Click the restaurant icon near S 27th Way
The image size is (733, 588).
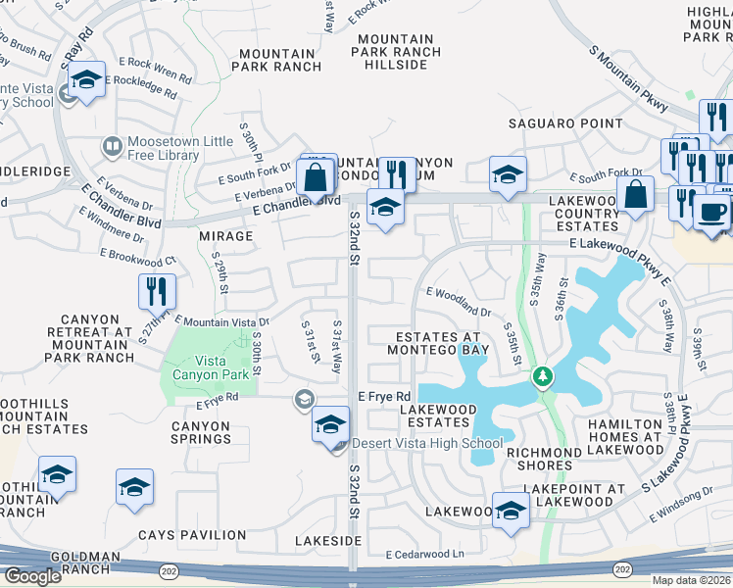tap(156, 290)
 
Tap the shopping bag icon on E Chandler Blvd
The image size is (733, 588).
tap(316, 178)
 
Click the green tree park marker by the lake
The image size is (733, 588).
tap(541, 376)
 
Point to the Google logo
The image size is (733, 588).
tap(32, 576)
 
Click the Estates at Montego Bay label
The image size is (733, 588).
tap(437, 342)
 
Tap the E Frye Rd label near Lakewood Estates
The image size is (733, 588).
tap(384, 396)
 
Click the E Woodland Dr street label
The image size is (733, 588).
tap(458, 302)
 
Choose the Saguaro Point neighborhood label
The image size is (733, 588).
tap(564, 123)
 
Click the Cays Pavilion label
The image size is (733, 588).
tap(192, 535)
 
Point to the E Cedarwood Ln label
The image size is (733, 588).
tap(423, 555)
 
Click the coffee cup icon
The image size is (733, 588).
tap(710, 211)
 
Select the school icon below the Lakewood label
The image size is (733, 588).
tap(511, 512)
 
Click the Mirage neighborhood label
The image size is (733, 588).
tap(226, 236)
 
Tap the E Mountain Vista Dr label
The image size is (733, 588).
tap(222, 321)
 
